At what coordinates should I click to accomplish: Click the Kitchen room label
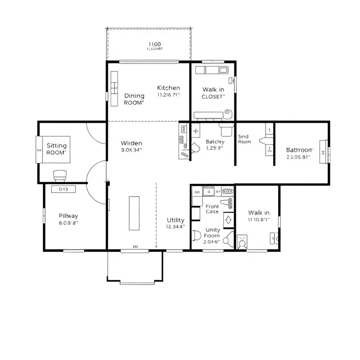(168, 88)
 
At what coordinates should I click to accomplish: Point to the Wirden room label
(131, 143)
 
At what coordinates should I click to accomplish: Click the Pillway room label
(68, 216)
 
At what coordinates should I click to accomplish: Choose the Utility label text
(175, 220)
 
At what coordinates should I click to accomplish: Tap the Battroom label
(299, 150)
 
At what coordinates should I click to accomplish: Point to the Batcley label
(215, 141)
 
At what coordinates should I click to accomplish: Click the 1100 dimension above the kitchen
(154, 44)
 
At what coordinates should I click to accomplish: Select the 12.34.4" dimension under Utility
(175, 227)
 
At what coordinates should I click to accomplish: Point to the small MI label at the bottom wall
(135, 247)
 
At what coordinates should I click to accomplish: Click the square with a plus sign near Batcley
(196, 131)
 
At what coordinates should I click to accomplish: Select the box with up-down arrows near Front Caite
(228, 220)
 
